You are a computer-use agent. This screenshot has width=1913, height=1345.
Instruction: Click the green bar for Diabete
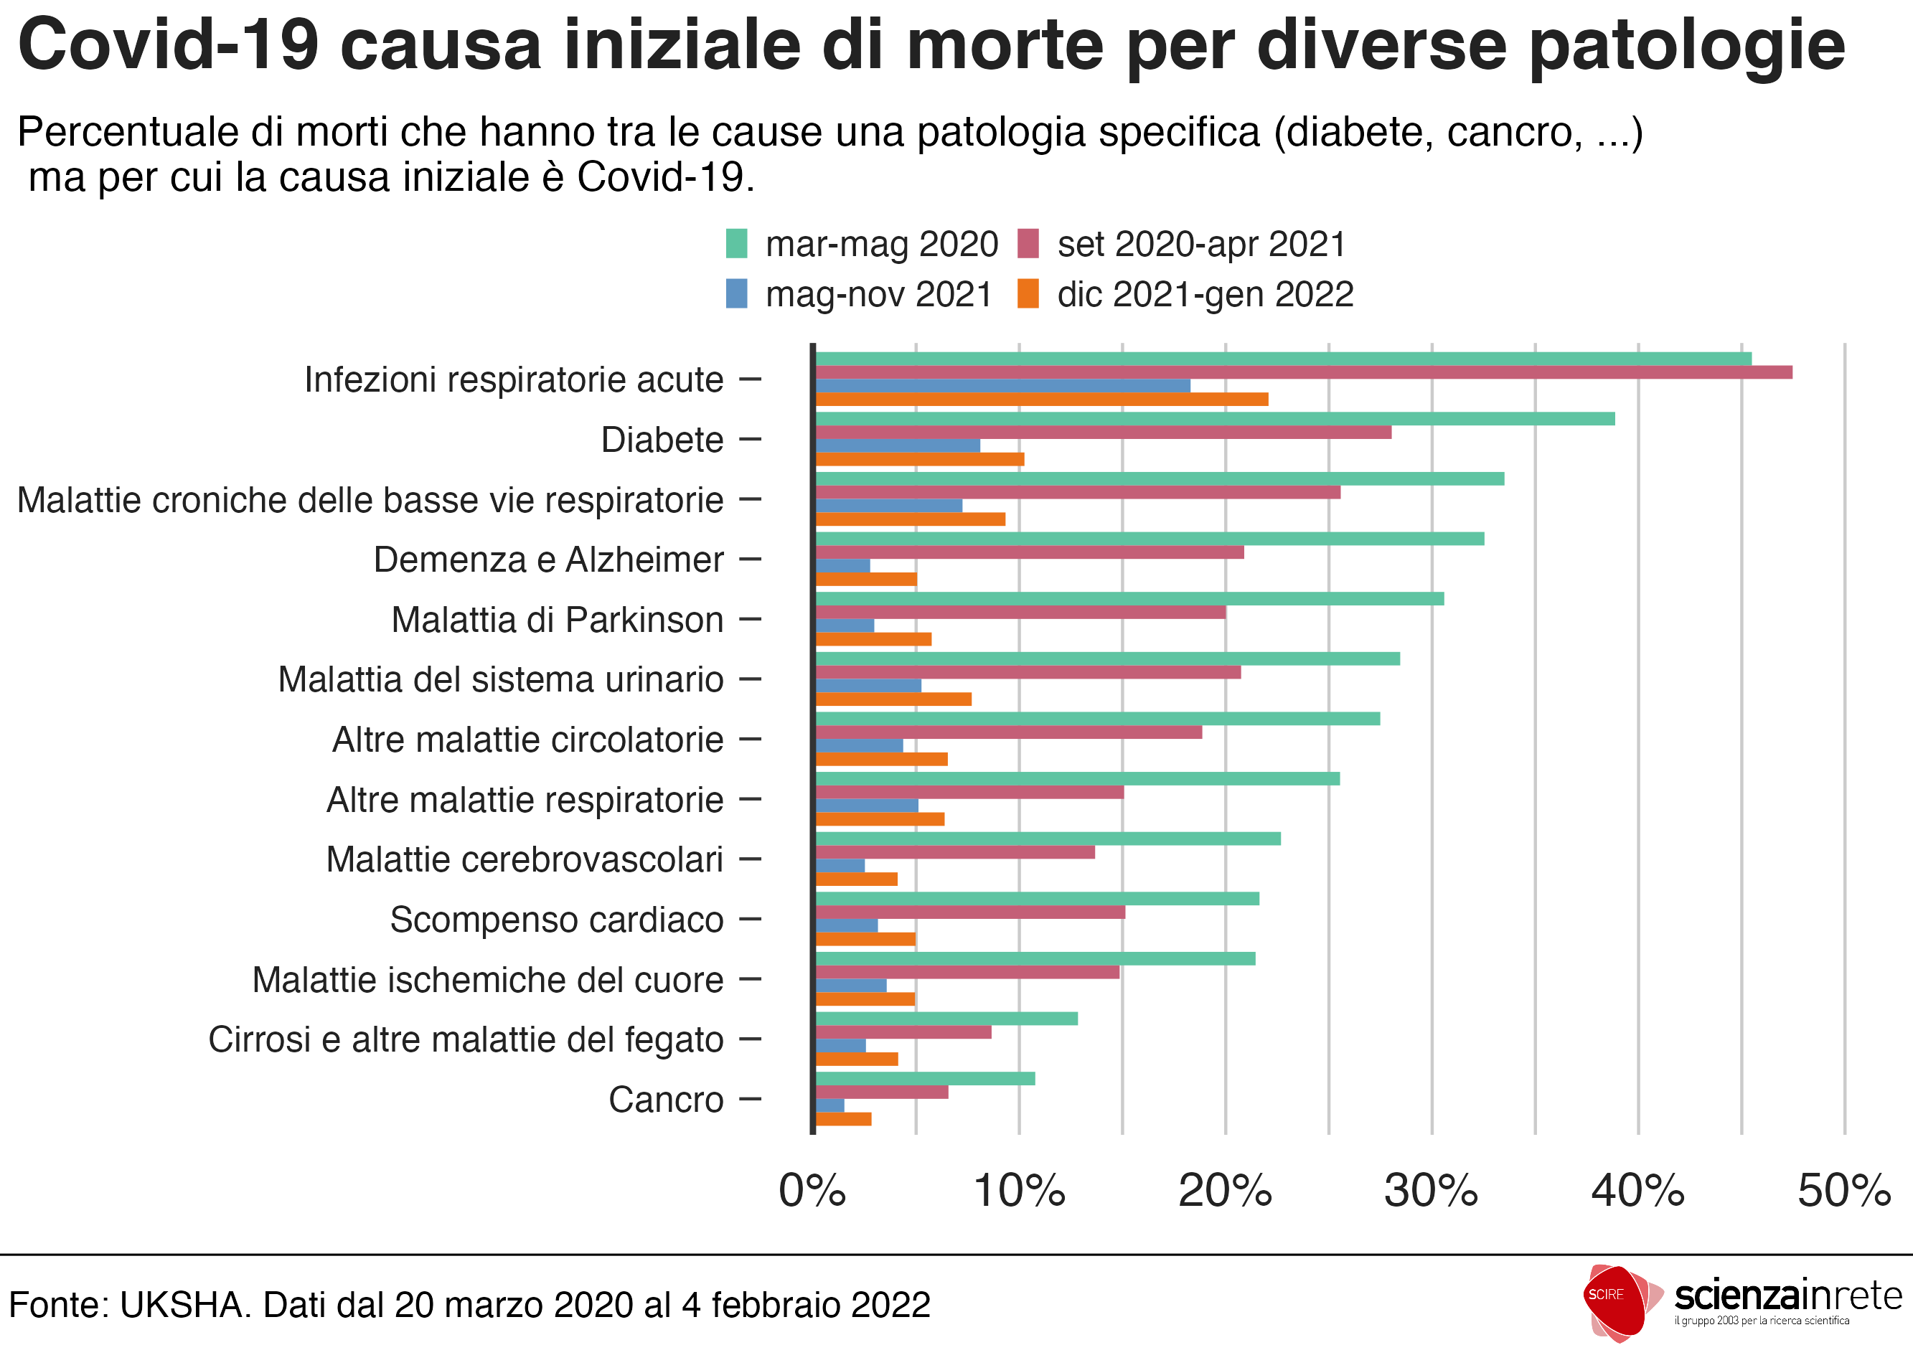tap(1215, 419)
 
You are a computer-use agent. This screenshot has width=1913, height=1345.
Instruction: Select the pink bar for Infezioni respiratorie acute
tap(1303, 372)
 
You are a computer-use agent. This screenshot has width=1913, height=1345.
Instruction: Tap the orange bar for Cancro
tap(843, 1119)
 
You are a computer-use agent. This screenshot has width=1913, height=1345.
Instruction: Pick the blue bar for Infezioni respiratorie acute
tap(1002, 386)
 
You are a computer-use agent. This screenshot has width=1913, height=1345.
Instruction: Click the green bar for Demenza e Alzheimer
tap(1150, 539)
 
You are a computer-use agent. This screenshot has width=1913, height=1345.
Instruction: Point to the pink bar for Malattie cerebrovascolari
tap(955, 852)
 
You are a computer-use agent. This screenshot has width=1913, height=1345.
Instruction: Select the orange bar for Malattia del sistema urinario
tap(893, 699)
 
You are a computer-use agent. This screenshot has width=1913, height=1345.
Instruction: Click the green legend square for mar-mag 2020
tap(736, 243)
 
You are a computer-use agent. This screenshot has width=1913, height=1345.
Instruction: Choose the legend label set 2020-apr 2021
tap(1201, 244)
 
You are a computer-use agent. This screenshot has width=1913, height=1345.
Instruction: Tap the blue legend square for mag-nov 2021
tap(736, 294)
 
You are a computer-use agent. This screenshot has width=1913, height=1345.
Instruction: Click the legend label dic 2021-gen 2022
tap(1205, 295)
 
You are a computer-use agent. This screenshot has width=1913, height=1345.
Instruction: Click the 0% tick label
tap(812, 1191)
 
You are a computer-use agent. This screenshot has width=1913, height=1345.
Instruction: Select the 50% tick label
tap(1844, 1191)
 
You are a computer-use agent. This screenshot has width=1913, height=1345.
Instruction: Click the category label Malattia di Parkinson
tap(558, 620)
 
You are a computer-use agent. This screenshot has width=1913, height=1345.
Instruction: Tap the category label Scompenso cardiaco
tap(557, 920)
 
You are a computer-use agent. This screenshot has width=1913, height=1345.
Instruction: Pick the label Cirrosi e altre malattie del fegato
tap(466, 1039)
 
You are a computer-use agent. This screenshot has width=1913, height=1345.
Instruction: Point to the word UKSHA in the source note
tap(185, 1305)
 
